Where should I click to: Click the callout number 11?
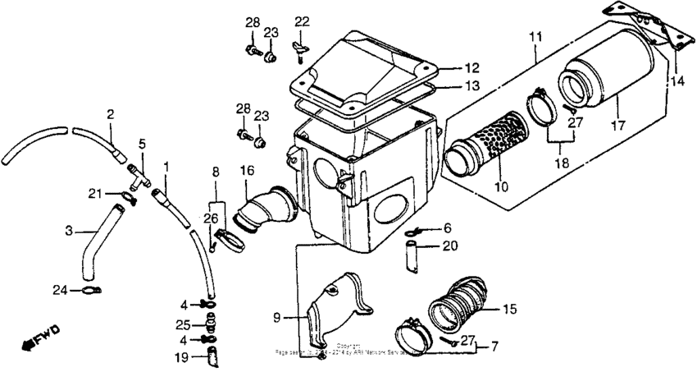click(x=535, y=37)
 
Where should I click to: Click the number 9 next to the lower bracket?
click(x=276, y=316)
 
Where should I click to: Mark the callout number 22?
click(x=303, y=21)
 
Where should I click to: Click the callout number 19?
click(x=181, y=357)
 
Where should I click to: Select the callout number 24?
click(x=59, y=289)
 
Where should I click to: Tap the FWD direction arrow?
click(x=41, y=336)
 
